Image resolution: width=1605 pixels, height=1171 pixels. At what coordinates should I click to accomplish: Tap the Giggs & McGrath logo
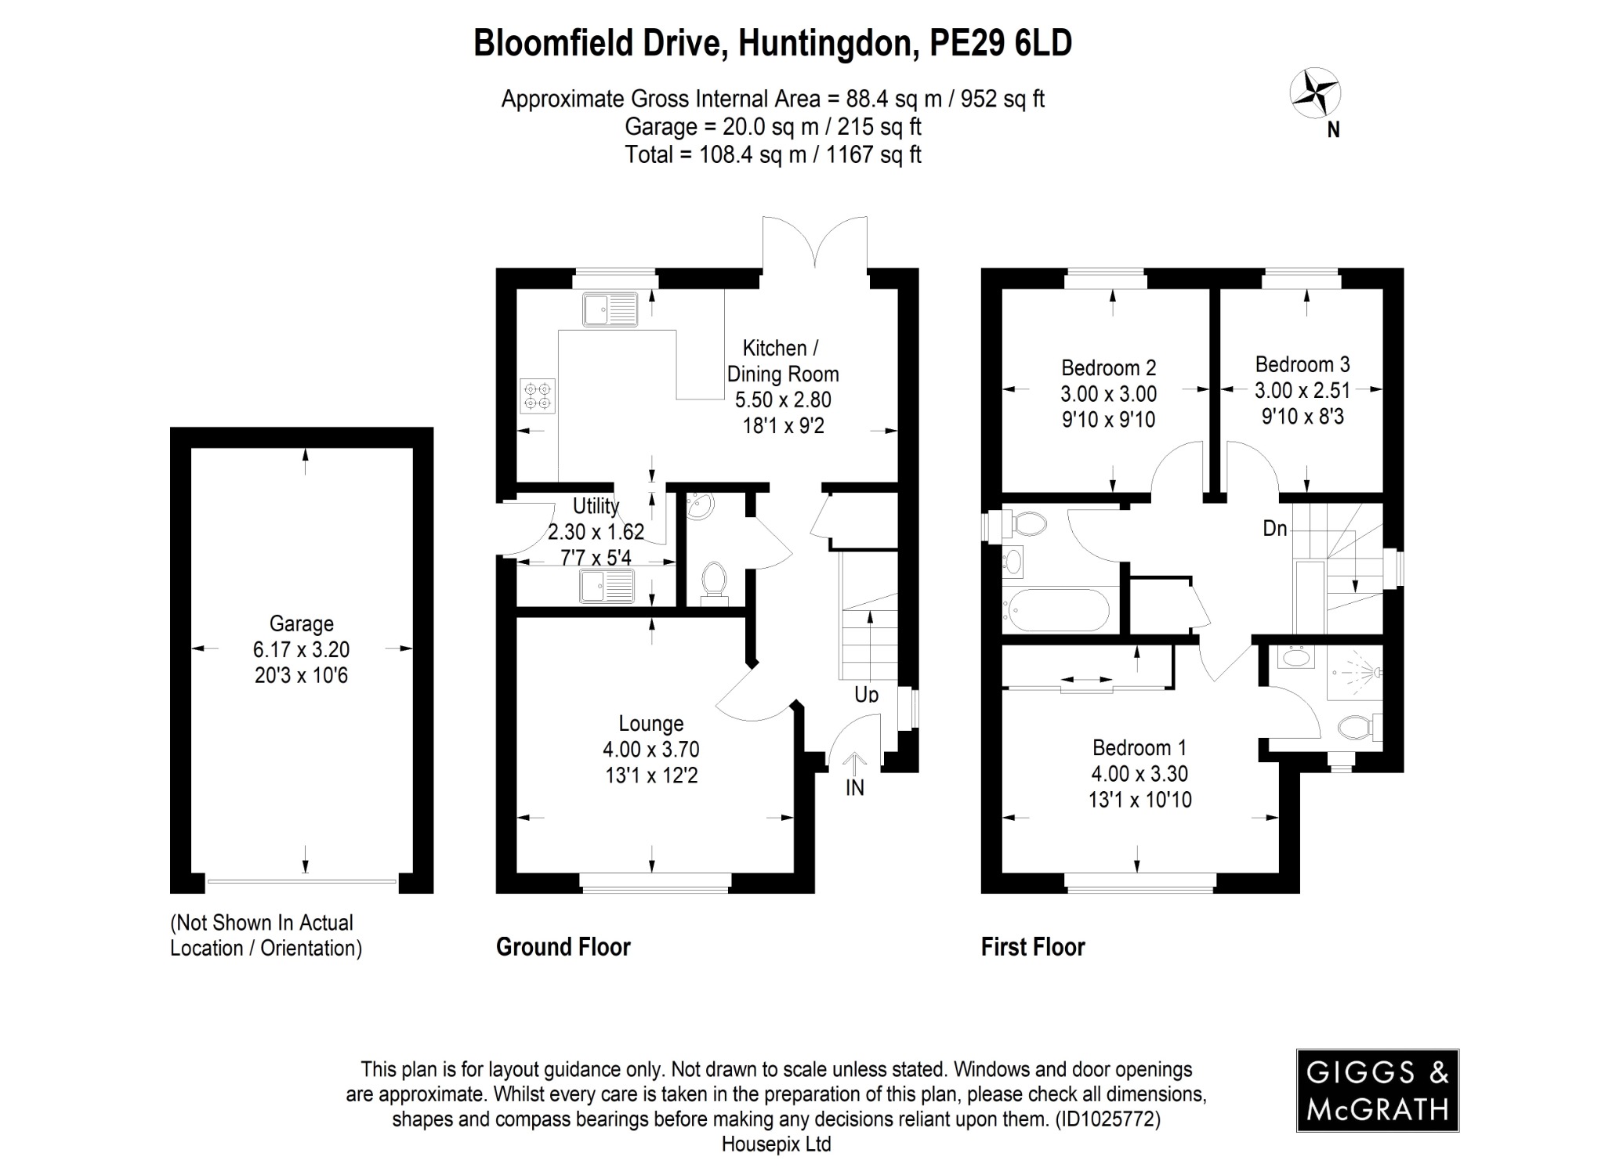click(1377, 1090)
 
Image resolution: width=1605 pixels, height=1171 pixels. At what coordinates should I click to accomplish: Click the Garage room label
click(302, 623)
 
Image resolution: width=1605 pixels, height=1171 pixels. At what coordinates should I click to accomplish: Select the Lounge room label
click(650, 723)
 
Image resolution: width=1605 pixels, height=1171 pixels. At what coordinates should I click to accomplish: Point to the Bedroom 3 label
click(1302, 364)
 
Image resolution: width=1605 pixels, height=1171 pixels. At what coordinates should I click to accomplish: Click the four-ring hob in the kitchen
click(538, 396)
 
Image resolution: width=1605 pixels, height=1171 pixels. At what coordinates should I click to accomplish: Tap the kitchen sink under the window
click(611, 309)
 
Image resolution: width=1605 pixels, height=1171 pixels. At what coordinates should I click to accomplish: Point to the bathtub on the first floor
click(1058, 610)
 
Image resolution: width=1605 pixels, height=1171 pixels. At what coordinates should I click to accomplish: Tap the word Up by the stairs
click(867, 694)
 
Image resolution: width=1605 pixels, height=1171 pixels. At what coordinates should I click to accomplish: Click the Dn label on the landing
click(1275, 529)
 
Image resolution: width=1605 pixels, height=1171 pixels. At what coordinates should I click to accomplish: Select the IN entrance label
click(855, 788)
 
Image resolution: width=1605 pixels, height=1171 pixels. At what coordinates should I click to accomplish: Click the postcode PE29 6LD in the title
click(1000, 43)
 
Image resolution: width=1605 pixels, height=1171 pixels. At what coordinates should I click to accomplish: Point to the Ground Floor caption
click(563, 947)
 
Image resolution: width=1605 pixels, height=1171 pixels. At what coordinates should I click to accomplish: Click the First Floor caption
click(1033, 947)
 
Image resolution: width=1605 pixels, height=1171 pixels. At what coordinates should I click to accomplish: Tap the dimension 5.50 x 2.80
click(783, 399)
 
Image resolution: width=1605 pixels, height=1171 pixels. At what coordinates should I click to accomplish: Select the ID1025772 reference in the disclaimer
click(1107, 1119)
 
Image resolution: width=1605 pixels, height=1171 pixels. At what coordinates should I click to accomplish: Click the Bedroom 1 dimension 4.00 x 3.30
click(1139, 774)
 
